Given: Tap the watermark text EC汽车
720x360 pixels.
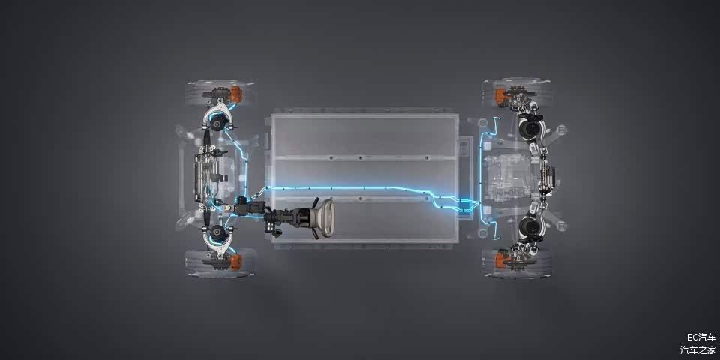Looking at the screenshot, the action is tap(701, 337).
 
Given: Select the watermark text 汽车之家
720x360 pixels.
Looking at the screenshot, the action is tap(698, 350).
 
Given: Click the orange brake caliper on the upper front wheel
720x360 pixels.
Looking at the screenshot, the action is tap(235, 94).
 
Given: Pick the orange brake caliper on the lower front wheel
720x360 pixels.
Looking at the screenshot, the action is tap(235, 262).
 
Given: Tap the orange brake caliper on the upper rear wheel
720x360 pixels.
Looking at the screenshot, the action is tap(500, 97).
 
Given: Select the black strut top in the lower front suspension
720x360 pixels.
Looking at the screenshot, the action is tap(219, 234).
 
